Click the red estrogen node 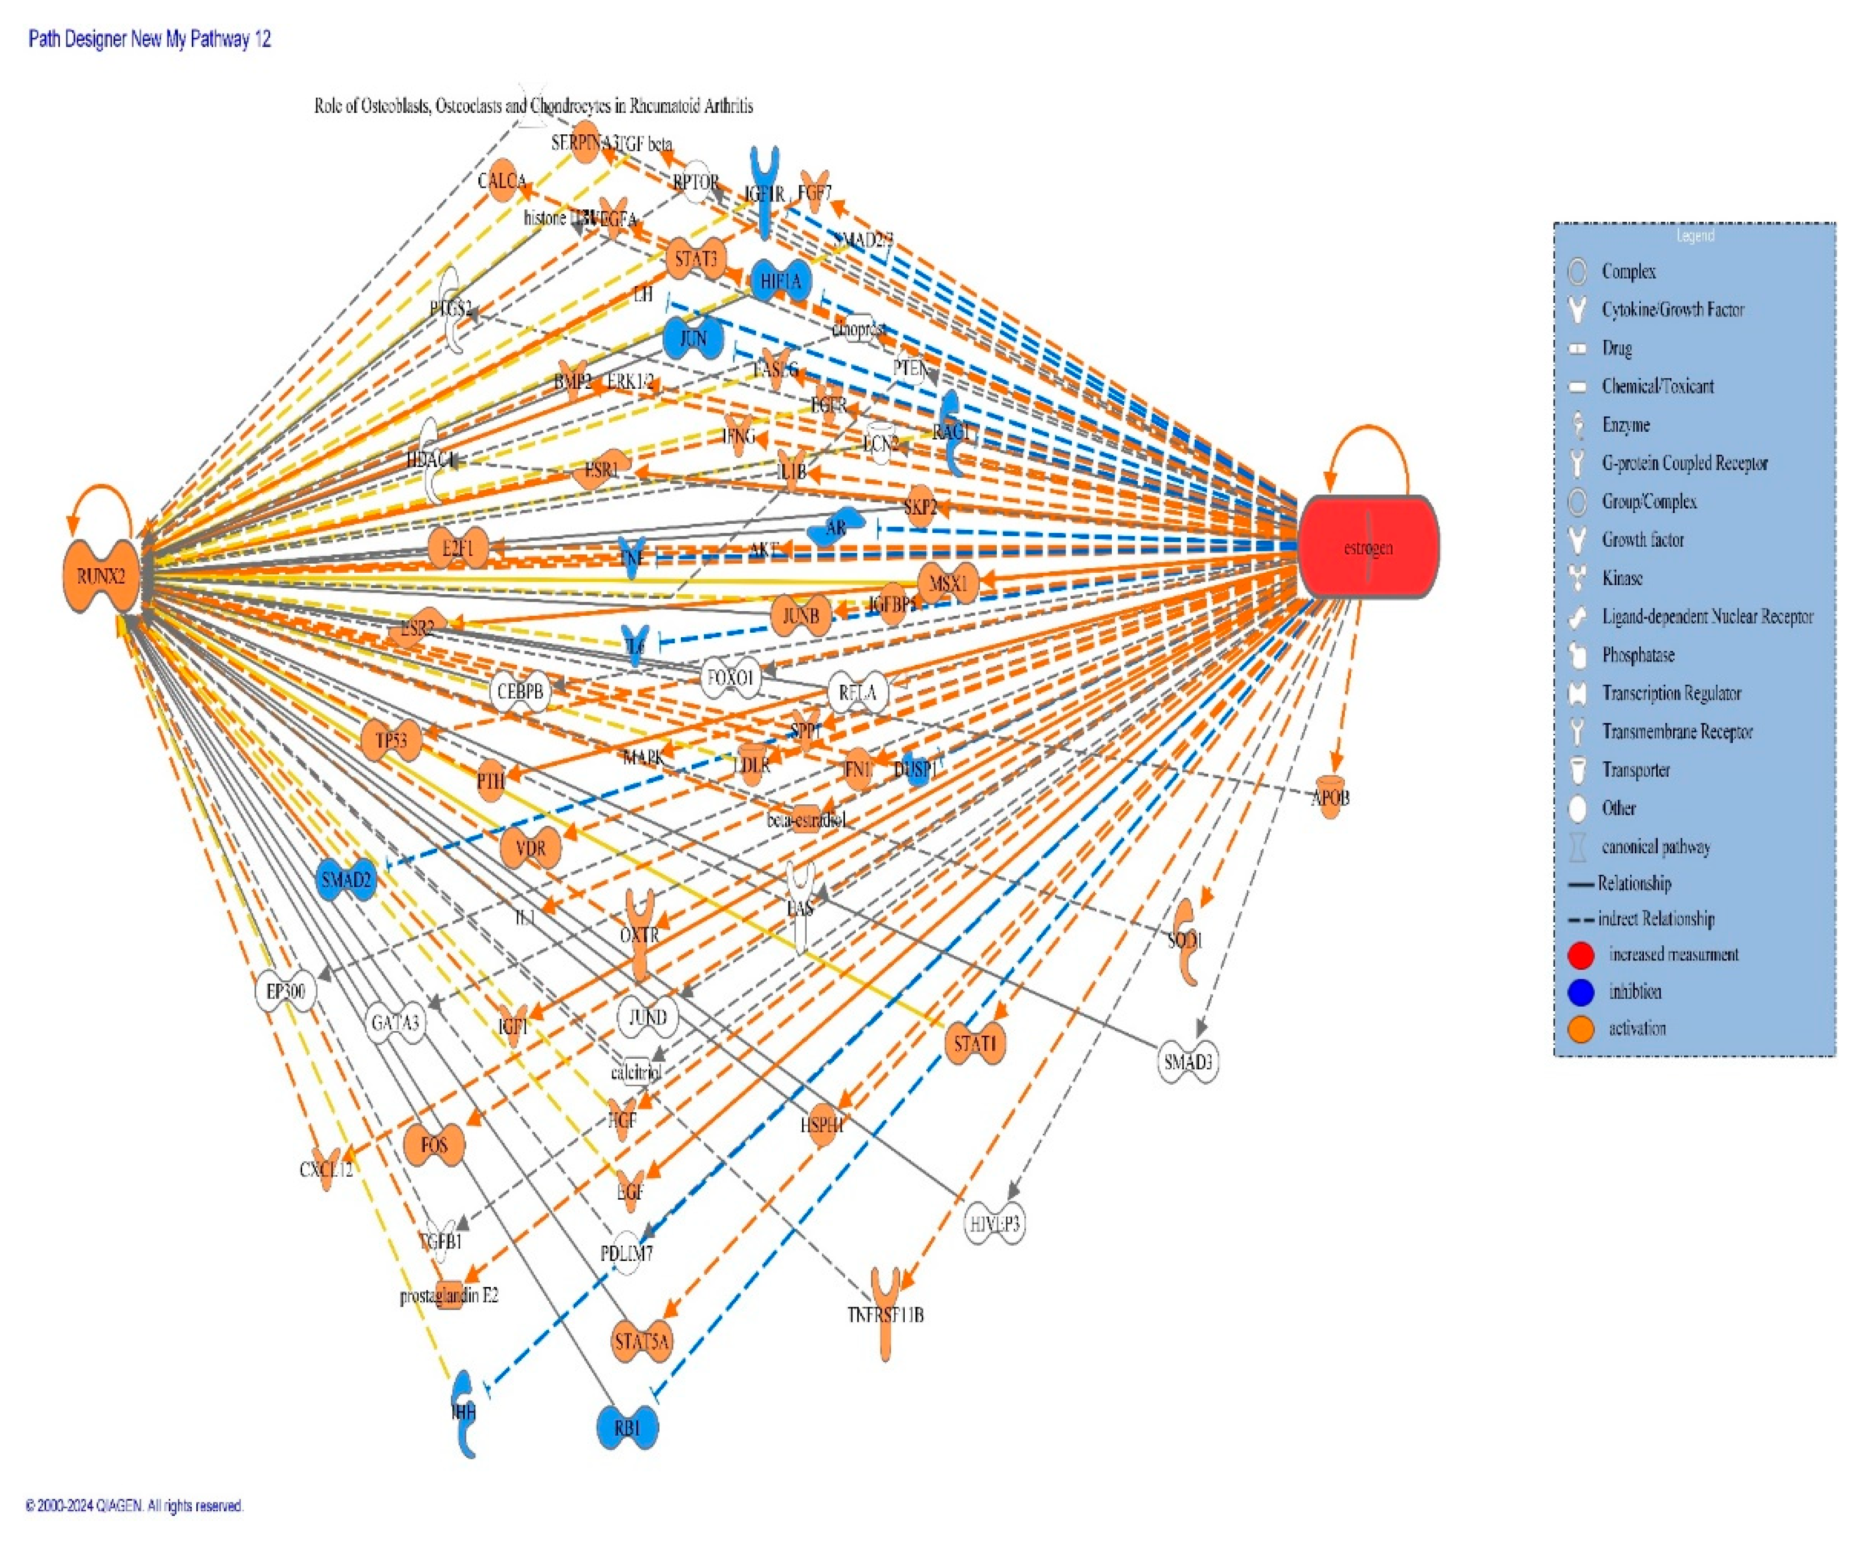(x=1368, y=547)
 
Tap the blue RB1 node (x=627, y=1427)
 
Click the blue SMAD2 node (x=346, y=880)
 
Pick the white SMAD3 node (x=1188, y=1062)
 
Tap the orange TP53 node (x=391, y=740)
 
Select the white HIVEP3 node (x=994, y=1224)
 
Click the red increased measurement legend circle (x=1581, y=955)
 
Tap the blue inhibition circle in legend (x=1581, y=992)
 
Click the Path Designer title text (x=150, y=39)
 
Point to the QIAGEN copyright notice (x=134, y=1506)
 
